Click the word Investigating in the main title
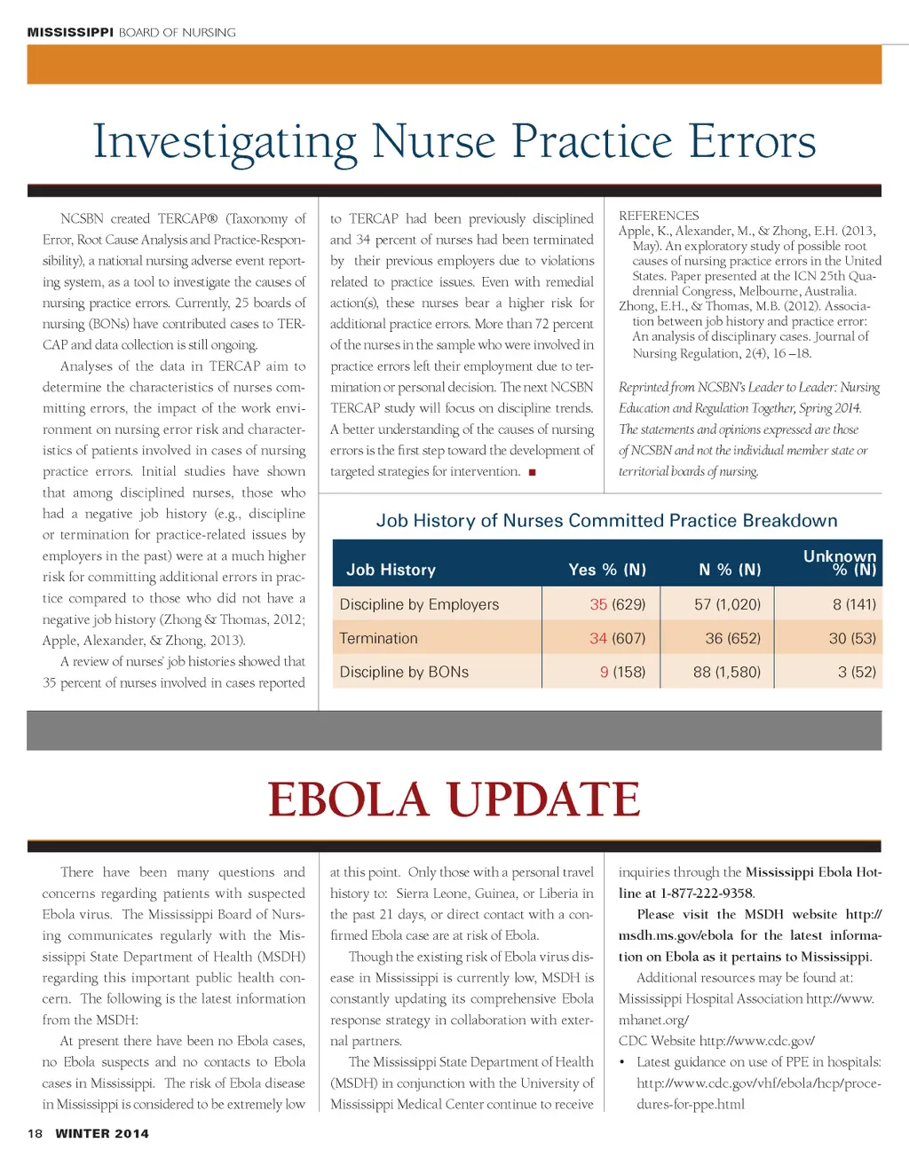(x=225, y=142)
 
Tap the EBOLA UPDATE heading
(x=454, y=800)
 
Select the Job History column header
(x=391, y=570)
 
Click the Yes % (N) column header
(x=607, y=570)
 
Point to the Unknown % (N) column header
(x=839, y=563)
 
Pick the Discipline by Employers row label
(x=419, y=604)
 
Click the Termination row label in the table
(x=378, y=638)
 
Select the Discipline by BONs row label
(x=404, y=672)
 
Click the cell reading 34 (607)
(x=617, y=638)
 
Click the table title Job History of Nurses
(x=606, y=521)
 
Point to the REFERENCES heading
(x=659, y=216)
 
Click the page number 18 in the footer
(x=35, y=1133)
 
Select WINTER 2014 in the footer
(x=102, y=1133)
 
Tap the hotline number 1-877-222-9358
(x=707, y=894)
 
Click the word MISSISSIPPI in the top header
(x=70, y=32)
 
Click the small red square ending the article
(x=532, y=472)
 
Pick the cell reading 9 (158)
(x=622, y=672)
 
